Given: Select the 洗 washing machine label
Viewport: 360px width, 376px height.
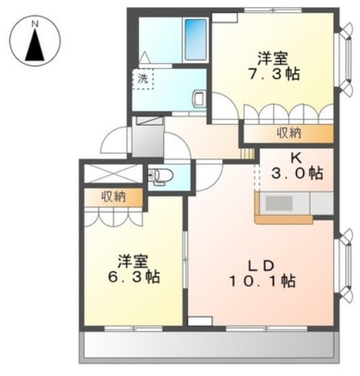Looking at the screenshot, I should click(142, 78).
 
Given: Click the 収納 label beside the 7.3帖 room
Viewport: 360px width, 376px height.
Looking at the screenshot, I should click(289, 133).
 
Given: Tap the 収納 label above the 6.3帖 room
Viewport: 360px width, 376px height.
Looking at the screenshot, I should click(114, 197).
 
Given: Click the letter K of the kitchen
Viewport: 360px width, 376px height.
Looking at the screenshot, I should click(295, 158).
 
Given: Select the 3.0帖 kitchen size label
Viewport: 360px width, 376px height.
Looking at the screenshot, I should click(296, 174).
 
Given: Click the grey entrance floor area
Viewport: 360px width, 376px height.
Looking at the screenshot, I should click(146, 138).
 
